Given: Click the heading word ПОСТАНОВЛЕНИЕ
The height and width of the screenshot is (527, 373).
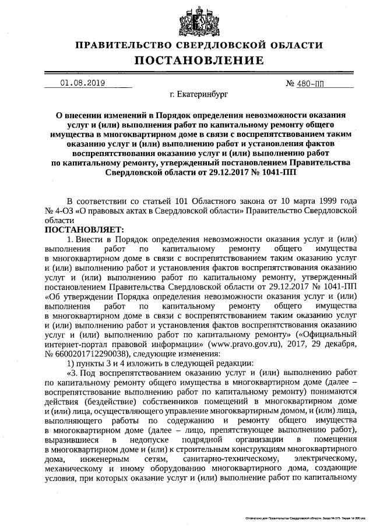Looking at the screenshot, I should [x=199, y=61].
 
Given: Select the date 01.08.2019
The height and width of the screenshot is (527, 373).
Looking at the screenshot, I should [x=82, y=83].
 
